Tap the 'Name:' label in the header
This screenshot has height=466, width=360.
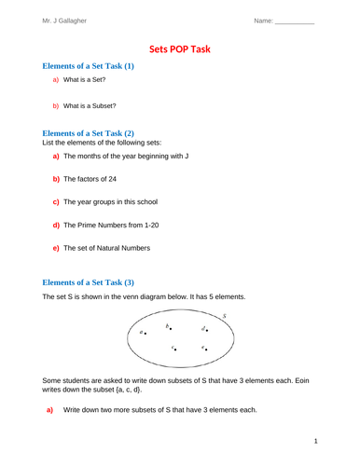point(261,20)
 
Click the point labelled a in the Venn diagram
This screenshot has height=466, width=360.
point(145,333)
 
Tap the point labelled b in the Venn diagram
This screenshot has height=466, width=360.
point(171,328)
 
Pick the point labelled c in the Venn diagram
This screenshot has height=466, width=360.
point(175,349)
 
